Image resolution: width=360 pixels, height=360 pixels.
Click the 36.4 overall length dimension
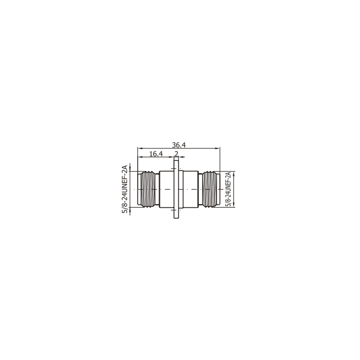179,145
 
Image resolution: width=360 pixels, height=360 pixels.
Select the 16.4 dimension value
156,154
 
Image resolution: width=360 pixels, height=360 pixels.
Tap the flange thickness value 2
176,154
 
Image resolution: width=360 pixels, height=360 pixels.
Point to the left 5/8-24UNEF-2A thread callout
125,189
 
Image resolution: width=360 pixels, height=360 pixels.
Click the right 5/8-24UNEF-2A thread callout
228,189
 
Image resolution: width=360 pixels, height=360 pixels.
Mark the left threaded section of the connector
148,189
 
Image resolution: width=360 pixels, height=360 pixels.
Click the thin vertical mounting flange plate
176,187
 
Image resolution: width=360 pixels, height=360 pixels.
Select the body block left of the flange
166,189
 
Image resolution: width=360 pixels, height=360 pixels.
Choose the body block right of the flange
191,189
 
